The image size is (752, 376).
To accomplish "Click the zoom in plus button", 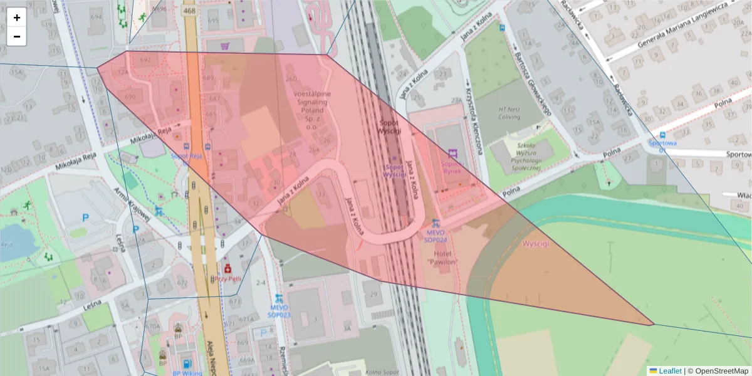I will [17, 18].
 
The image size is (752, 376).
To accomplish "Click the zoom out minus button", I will [17, 36].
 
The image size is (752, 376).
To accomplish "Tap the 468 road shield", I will [189, 11].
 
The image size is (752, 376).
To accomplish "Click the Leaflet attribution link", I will [670, 371].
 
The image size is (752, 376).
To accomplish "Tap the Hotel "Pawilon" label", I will [443, 257].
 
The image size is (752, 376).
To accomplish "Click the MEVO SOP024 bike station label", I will [436, 236].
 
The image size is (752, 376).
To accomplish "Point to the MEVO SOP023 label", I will [279, 311].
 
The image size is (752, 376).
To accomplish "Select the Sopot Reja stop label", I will [187, 155].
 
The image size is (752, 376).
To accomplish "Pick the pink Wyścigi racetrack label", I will [536, 244].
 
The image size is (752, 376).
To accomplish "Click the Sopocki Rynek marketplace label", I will [452, 166].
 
